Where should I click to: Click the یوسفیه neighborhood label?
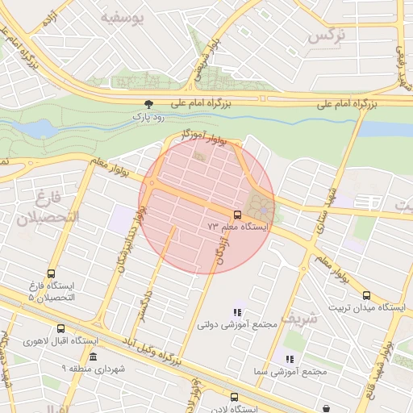coord(123,17)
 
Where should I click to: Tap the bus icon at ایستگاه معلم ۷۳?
coord(237,215)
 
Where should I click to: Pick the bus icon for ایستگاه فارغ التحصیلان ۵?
coord(52,274)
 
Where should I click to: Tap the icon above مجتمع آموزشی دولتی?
coord(237,312)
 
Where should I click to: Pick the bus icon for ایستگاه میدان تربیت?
coord(367,296)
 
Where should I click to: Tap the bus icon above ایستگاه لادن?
coord(234,397)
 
